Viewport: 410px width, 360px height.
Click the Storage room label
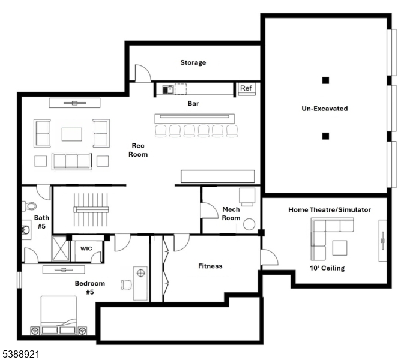[193, 62]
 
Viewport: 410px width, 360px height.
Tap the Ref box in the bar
[246, 88]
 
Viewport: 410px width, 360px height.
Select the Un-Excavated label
[324, 109]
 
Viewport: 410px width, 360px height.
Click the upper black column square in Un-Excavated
[325, 80]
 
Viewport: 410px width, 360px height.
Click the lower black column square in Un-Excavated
[325, 136]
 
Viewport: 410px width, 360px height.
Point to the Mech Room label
[231, 214]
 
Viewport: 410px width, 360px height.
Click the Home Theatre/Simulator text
[329, 209]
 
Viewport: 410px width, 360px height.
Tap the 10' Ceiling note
[327, 268]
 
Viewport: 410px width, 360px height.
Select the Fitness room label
[210, 266]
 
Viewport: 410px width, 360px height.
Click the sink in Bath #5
[26, 229]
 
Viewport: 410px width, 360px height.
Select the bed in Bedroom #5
[59, 315]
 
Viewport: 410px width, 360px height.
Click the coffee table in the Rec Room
[71, 133]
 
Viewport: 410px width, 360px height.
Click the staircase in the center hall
[91, 209]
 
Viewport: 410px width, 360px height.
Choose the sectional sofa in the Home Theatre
[327, 234]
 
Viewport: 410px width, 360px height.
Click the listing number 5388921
[20, 355]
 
